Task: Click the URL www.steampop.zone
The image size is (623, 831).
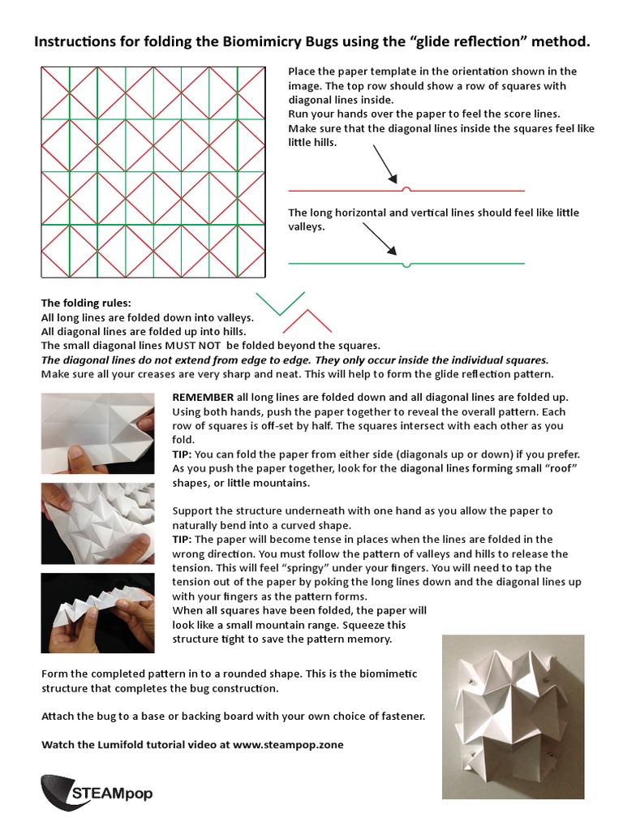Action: pyautogui.click(x=288, y=744)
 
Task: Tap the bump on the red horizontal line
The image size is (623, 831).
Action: pyautogui.click(x=406, y=189)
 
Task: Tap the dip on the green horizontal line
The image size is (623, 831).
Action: pyautogui.click(x=406, y=264)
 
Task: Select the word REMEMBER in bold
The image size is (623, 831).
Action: pyautogui.click(x=203, y=397)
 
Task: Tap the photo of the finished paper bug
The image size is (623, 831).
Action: pyautogui.click(x=513, y=717)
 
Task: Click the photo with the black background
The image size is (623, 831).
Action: pyautogui.click(x=97, y=613)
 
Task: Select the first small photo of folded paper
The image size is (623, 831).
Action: pyautogui.click(x=97, y=433)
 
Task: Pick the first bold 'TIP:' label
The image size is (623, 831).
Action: pyautogui.click(x=183, y=454)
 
